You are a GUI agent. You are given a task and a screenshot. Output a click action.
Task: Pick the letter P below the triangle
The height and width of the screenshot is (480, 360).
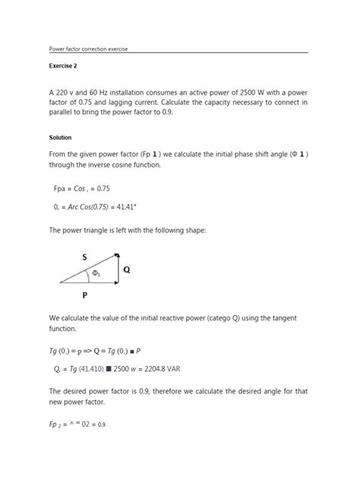click(86, 296)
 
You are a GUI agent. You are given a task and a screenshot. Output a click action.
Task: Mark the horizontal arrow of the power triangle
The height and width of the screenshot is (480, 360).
click(88, 283)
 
